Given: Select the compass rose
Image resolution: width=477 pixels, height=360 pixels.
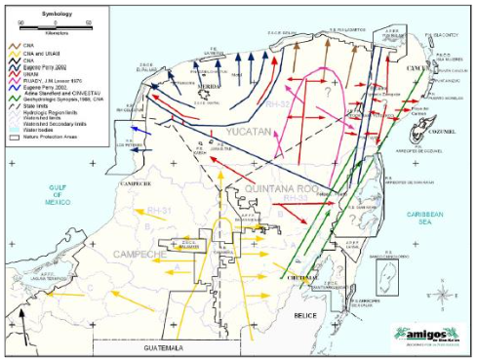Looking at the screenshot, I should (x=444, y=292).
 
